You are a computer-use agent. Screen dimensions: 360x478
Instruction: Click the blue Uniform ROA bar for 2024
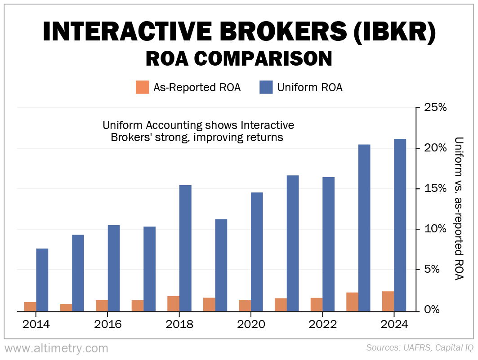pyautogui.click(x=400, y=225)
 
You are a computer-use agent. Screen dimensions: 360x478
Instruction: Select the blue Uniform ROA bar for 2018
pyautogui.click(x=185, y=248)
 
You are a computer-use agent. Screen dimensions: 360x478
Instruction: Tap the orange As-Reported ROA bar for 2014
pyautogui.click(x=30, y=306)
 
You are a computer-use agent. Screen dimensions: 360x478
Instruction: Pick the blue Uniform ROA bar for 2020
pyautogui.click(x=257, y=251)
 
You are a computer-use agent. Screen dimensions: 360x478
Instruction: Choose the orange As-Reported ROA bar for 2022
pyautogui.click(x=317, y=304)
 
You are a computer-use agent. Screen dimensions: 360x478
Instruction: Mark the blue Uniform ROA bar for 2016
pyautogui.click(x=114, y=267)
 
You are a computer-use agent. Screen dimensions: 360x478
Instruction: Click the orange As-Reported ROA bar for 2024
pyautogui.click(x=388, y=301)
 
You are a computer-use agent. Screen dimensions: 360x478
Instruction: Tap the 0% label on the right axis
pyautogui.click(x=432, y=310)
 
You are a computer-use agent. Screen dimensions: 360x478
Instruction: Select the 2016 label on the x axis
pyautogui.click(x=108, y=324)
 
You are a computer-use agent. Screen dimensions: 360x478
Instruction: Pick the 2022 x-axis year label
pyautogui.click(x=322, y=324)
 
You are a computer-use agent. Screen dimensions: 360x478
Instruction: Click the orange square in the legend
pyautogui.click(x=142, y=87)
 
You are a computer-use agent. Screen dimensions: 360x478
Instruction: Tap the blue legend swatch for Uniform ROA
pyautogui.click(x=266, y=87)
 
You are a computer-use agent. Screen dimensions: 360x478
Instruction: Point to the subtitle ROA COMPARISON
pyautogui.click(x=239, y=59)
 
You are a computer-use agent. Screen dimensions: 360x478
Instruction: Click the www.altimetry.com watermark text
pyautogui.click(x=57, y=348)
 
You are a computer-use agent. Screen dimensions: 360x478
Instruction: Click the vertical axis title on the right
pyautogui.click(x=459, y=209)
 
